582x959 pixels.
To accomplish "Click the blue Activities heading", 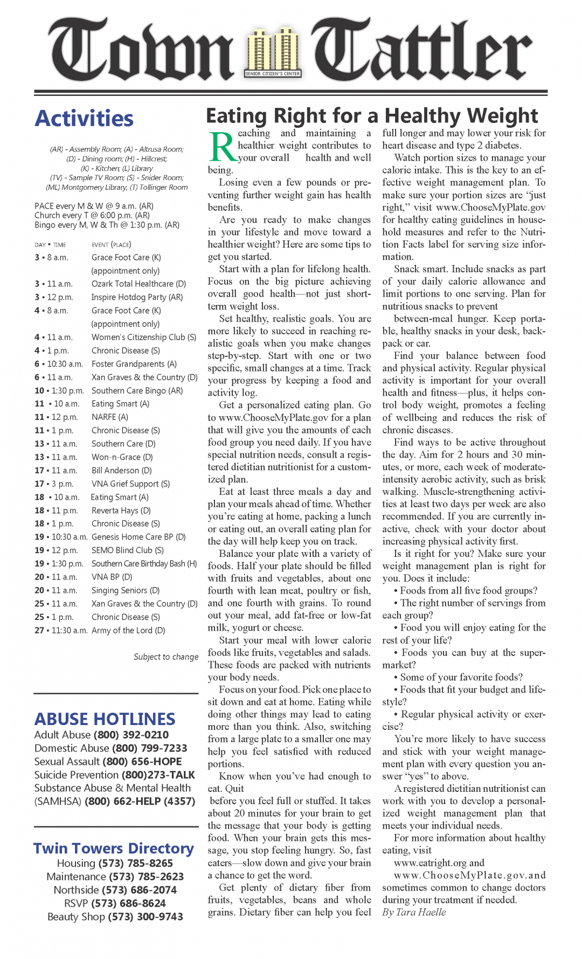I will (84, 119).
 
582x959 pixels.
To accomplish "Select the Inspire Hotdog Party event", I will (137, 297).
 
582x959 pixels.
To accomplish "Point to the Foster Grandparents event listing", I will (134, 364).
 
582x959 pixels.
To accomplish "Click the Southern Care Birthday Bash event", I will (144, 563).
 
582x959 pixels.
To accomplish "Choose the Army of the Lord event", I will (128, 630).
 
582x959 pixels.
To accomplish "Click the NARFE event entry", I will (109, 417).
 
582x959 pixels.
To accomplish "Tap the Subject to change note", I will (166, 657).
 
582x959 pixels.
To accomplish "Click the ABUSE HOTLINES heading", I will (105, 719).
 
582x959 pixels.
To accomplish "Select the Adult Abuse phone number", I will (131, 735).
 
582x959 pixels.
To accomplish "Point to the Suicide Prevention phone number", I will (158, 775).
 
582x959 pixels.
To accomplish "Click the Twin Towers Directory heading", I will (113, 848).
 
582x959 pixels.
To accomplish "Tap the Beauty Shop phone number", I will (145, 916).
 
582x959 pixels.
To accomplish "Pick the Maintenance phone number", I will (146, 877).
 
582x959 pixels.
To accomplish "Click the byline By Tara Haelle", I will (414, 912).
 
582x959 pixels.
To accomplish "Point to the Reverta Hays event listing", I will (121, 510).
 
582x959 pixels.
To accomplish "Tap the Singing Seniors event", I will (125, 590).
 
